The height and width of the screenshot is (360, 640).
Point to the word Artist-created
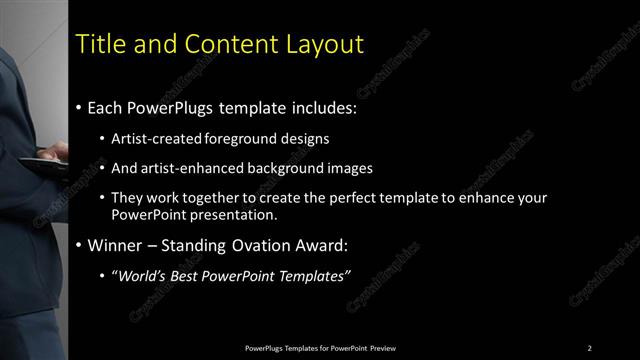[158, 139]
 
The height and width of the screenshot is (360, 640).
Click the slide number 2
[590, 347]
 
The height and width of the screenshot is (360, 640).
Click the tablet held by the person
[40, 163]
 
